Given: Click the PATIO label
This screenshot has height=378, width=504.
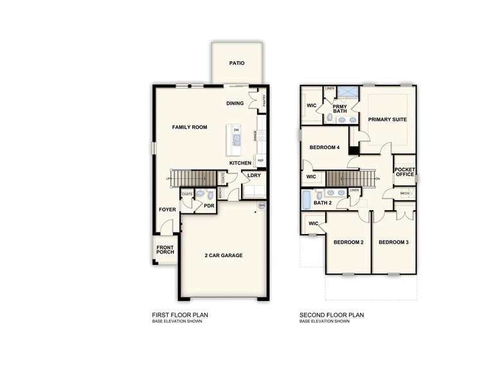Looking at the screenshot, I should [x=237, y=63].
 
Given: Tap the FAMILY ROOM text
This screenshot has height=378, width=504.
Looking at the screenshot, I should [x=190, y=127].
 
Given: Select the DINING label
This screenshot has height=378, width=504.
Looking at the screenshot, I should [x=235, y=104].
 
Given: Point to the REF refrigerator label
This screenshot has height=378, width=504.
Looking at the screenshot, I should [x=260, y=160].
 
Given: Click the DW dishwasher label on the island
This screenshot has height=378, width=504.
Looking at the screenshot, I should [x=236, y=130].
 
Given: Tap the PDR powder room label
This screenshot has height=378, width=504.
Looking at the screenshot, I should [x=208, y=206].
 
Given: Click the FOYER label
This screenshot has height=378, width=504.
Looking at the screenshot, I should [x=167, y=210].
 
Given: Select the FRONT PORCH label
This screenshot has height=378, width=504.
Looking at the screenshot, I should [x=165, y=249].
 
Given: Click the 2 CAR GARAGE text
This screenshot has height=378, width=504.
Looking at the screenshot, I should [x=224, y=255].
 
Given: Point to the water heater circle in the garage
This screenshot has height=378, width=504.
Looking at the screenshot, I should [x=262, y=206].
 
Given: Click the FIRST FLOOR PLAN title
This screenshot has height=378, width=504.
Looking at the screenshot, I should [x=180, y=315].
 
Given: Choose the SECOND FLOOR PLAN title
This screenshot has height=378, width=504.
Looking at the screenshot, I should [x=332, y=315].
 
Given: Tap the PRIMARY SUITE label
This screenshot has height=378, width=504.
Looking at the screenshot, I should [x=387, y=119].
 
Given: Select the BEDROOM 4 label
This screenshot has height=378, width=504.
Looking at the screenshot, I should [x=324, y=147].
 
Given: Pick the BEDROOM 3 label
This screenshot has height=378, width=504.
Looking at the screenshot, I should [x=393, y=242].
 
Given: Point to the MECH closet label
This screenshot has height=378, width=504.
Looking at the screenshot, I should [x=404, y=194].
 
